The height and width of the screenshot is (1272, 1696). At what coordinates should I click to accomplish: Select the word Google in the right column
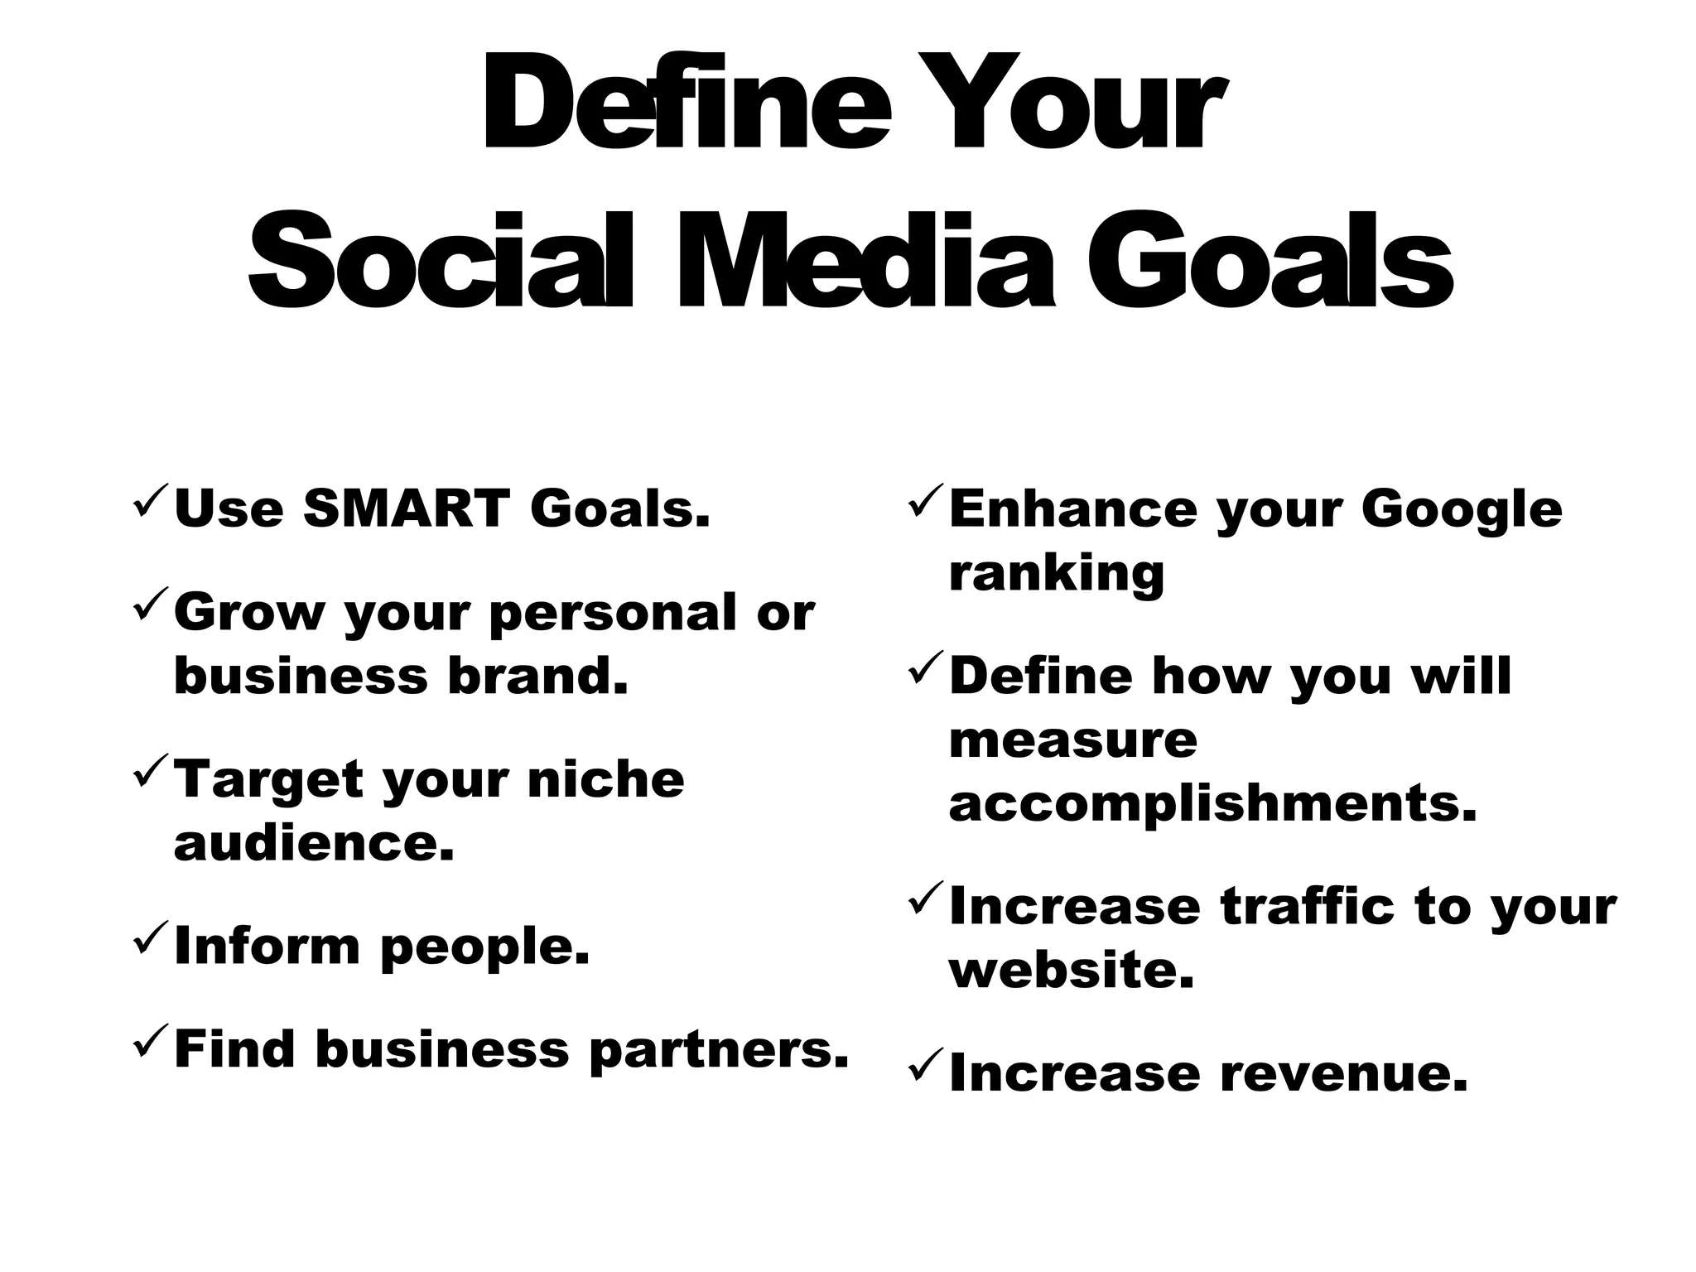point(1462,509)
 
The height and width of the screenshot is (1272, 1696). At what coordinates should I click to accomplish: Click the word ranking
point(1056,573)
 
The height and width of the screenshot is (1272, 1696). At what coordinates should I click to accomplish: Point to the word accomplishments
point(1212,803)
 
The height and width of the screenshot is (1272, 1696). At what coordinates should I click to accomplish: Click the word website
point(1072,970)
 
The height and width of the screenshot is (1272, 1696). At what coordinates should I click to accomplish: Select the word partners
point(719,1050)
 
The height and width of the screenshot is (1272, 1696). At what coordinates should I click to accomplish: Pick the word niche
point(605,779)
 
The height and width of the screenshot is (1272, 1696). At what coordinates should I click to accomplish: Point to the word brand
point(537,676)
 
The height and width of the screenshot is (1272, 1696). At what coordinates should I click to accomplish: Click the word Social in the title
point(441,260)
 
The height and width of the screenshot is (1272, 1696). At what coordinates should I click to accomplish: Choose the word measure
point(1072,740)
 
